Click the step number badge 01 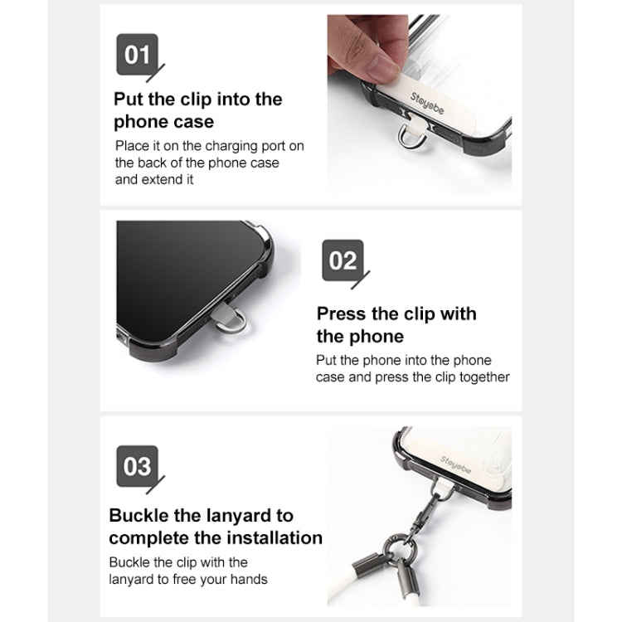137,55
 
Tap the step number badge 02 343,260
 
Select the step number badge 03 137,466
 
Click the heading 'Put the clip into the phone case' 198,110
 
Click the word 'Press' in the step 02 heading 341,313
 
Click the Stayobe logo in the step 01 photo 427,103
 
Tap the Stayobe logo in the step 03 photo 455,464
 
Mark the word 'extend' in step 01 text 168,180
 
